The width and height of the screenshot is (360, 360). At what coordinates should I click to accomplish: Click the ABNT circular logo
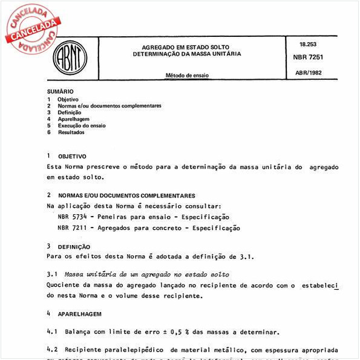tap(71, 59)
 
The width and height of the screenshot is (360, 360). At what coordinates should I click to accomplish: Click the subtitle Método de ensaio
tap(191, 76)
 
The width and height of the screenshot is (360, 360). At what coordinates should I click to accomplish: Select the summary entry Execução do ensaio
tap(81, 126)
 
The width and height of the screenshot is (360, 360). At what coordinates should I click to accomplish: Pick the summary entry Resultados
tap(71, 133)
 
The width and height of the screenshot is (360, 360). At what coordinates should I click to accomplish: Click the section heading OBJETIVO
tap(72, 156)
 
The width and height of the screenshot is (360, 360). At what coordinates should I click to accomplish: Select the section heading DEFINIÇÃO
tap(74, 247)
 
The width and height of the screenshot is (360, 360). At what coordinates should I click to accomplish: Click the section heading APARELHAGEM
tap(79, 315)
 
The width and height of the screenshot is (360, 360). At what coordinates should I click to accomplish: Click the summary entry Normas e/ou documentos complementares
tap(109, 106)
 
